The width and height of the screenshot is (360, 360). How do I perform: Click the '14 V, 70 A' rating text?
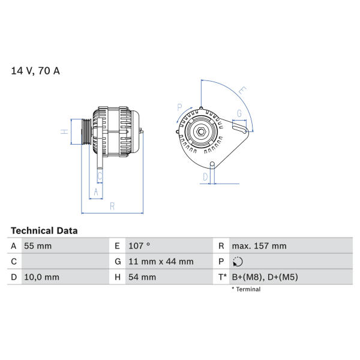tap(35, 71)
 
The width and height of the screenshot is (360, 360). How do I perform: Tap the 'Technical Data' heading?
tap(44, 230)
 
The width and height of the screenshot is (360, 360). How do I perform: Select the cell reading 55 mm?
tap(38, 246)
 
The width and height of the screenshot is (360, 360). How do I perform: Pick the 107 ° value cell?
tap(139, 246)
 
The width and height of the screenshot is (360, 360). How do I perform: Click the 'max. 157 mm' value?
tap(259, 246)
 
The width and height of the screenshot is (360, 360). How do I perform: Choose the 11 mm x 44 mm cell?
tap(161, 262)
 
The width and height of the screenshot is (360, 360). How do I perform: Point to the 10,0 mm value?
tap(41, 277)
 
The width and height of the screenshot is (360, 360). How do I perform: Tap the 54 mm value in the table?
tap(142, 277)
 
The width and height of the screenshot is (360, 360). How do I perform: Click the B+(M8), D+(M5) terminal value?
tap(265, 277)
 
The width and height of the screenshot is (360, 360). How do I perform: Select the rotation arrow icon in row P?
tap(238, 262)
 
